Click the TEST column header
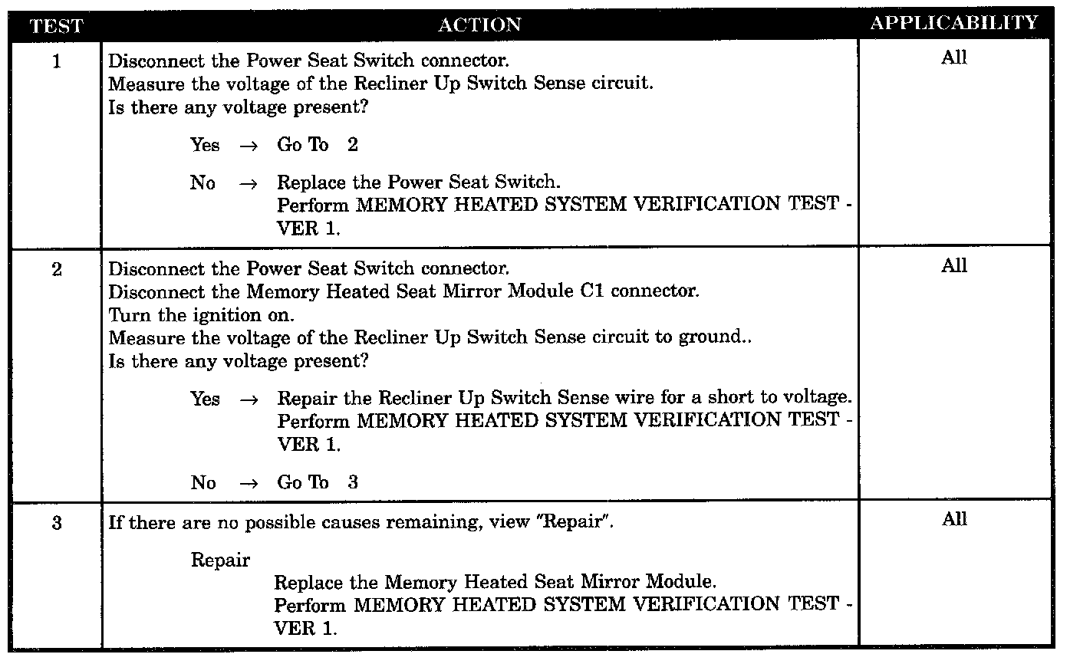click(56, 25)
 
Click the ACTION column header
click(479, 25)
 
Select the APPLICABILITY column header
click(953, 23)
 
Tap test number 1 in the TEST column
click(56, 62)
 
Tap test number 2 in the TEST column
click(56, 270)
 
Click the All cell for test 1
click(953, 58)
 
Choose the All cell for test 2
click(953, 266)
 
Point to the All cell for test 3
click(953, 520)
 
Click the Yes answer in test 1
click(205, 145)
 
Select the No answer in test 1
click(203, 183)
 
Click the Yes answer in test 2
click(205, 399)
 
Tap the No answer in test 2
click(203, 482)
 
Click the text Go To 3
click(317, 482)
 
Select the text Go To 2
click(317, 145)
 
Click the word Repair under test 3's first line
click(220, 560)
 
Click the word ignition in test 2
click(230, 315)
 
